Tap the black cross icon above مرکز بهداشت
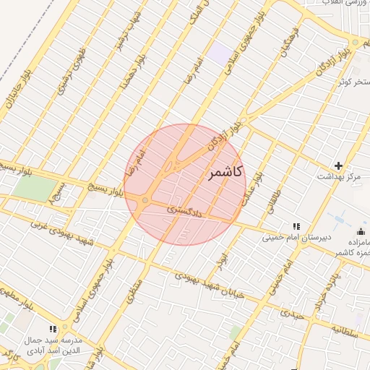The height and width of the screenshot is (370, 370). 338,165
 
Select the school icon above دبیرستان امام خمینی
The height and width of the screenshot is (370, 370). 296,226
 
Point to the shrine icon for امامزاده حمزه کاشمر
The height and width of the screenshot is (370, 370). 361,232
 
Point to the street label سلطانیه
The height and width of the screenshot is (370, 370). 346,332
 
